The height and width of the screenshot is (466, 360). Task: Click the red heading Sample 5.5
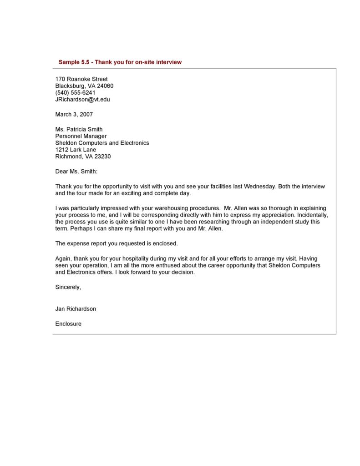tap(120, 62)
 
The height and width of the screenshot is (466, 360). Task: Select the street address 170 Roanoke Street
tap(81, 79)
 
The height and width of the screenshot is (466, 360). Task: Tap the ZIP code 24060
tap(104, 86)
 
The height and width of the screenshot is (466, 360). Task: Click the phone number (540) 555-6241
tap(75, 93)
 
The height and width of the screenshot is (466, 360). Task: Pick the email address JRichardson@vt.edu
tap(82, 99)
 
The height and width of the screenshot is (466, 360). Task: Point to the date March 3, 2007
tap(74, 114)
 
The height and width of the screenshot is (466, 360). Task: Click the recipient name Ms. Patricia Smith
tap(79, 129)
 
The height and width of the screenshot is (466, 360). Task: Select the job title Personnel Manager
tap(81, 136)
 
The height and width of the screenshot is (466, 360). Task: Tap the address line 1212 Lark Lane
tap(76, 150)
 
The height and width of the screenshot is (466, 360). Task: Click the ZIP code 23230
tap(102, 157)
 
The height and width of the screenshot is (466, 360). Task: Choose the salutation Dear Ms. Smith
tap(76, 172)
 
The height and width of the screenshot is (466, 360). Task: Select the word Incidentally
tap(312, 215)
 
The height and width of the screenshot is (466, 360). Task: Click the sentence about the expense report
tap(117, 243)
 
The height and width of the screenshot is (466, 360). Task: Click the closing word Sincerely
tap(68, 287)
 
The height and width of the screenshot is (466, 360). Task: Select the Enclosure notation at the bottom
tap(68, 324)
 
